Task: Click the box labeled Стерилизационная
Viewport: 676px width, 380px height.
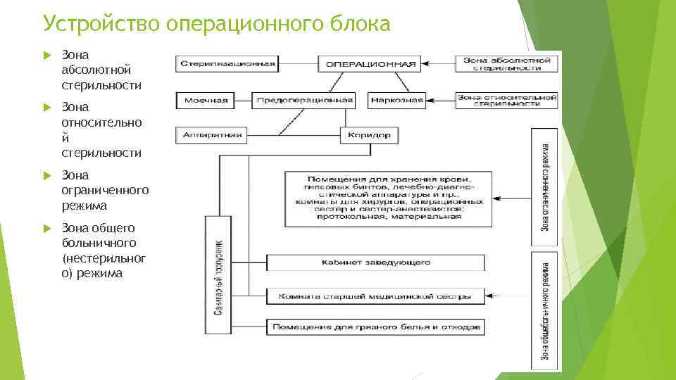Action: pos(226,63)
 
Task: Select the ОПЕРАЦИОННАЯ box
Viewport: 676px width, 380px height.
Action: pos(368,63)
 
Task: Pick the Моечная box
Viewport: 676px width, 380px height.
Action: pos(206,100)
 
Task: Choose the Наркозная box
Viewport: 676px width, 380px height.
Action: pos(396,100)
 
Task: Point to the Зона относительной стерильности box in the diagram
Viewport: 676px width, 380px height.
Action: pos(507,100)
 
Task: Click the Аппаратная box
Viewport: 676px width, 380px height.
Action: pos(211,134)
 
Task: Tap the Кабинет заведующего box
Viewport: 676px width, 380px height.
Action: pos(376,262)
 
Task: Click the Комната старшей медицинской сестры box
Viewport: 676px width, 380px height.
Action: pos(376,296)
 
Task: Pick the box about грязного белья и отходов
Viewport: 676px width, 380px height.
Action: pos(376,327)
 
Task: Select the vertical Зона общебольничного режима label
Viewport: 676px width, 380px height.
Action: pos(546,310)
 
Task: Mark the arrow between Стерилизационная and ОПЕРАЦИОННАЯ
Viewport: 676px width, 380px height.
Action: pos(298,63)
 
